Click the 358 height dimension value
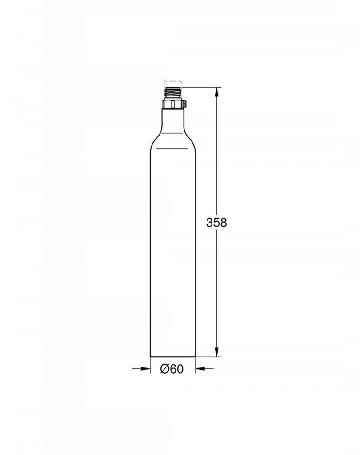tap(216, 223)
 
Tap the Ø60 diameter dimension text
tap(172, 369)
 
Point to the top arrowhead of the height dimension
tap(216, 92)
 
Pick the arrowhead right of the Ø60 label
tap(200, 368)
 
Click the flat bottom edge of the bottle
tap(173, 356)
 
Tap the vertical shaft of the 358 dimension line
tap(216, 178)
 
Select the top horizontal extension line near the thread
tap(200, 87)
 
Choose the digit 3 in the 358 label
tap(209, 223)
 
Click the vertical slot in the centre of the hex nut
tap(173, 105)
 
